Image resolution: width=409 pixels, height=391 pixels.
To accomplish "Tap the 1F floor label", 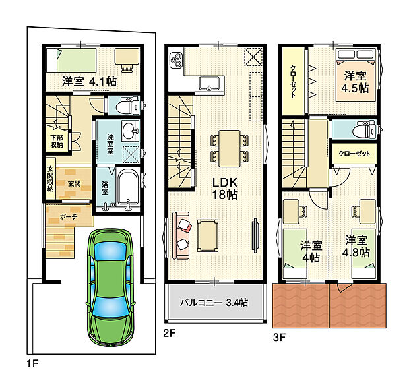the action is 32,363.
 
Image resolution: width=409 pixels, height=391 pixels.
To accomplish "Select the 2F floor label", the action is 170,333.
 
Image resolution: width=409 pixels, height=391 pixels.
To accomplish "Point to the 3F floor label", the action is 279,338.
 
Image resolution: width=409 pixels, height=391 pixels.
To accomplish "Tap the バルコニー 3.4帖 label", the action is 214,303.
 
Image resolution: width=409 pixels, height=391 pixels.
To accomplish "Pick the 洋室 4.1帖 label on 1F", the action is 89,82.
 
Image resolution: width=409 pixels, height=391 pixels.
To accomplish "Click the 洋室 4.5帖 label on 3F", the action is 356,82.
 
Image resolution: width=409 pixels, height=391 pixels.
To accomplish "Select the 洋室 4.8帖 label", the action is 356,247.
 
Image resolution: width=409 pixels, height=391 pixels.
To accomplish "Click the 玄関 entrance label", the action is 75,184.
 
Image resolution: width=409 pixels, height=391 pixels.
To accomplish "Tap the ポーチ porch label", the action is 68,216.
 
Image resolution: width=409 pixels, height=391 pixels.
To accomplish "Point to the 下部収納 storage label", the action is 57,141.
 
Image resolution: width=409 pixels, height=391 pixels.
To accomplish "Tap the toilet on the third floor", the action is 363,130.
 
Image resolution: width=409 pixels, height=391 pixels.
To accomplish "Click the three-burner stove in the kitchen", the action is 176,60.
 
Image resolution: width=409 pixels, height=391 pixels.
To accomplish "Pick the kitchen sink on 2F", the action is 209,84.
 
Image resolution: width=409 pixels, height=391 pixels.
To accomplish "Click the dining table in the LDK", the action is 230,148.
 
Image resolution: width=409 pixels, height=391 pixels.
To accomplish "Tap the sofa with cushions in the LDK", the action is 181,236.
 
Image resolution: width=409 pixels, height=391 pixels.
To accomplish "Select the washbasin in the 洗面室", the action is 130,129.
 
